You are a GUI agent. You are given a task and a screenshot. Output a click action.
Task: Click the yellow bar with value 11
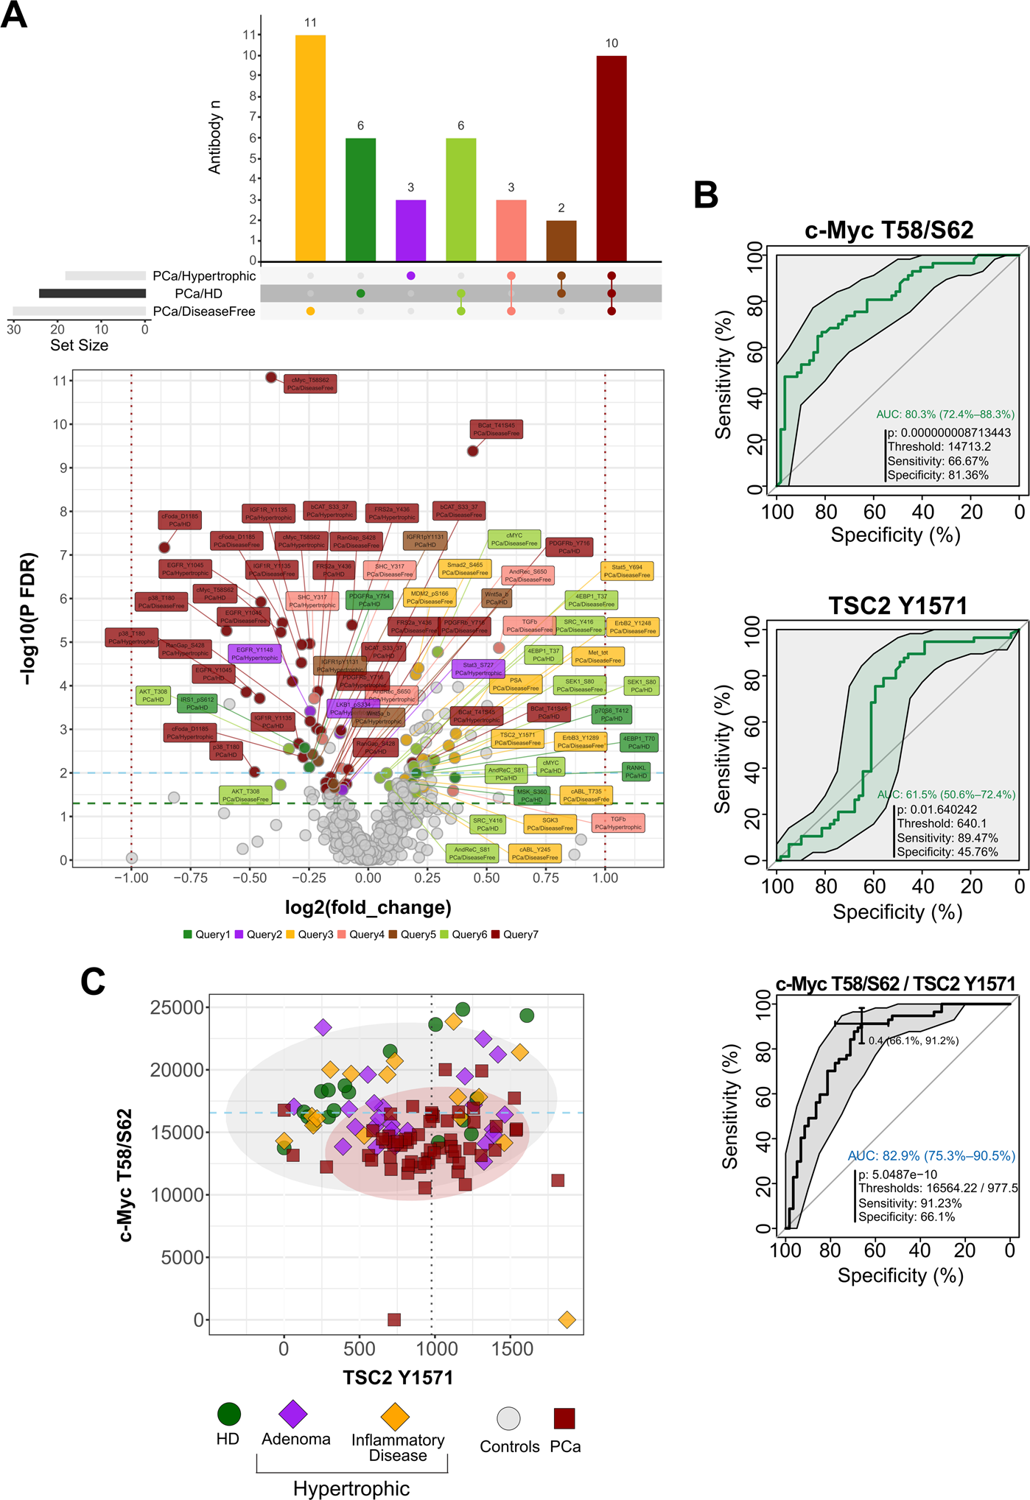310,147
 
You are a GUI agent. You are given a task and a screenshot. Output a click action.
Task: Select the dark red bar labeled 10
611,158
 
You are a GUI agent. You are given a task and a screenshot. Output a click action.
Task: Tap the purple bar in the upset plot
410,230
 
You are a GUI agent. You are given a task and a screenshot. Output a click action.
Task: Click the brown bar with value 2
561,240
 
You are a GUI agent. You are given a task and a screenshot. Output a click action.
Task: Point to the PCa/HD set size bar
92,293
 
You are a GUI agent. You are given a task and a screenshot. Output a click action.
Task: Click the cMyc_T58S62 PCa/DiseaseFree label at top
310,384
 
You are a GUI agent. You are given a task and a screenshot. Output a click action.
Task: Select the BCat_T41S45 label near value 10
496,429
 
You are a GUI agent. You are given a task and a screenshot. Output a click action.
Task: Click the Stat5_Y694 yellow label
627,571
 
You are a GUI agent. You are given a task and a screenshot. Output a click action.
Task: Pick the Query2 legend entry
258,934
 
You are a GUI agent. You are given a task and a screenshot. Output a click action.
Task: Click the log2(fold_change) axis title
368,907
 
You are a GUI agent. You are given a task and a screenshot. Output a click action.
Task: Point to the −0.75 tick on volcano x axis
190,878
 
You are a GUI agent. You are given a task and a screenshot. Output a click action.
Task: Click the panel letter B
705,195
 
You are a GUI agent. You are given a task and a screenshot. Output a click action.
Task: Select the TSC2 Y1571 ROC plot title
897,605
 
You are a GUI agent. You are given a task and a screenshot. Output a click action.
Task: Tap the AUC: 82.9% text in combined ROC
931,1155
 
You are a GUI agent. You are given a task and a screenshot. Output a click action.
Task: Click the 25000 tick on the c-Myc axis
177,1007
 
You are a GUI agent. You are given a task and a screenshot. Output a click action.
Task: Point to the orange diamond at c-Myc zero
566,1320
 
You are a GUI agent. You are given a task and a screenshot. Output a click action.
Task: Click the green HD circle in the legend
229,1414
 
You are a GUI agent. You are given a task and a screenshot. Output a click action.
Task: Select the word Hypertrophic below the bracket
351,1488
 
